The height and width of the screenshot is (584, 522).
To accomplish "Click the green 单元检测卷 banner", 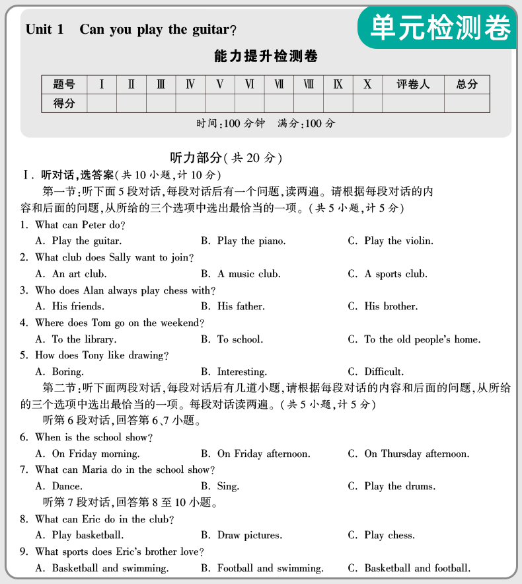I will pos(439,27).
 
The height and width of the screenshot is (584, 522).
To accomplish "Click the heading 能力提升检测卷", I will pos(266,57).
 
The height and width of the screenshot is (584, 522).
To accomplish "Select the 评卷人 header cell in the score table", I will pos(413,85).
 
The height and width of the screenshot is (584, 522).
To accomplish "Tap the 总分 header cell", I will pos(466,85).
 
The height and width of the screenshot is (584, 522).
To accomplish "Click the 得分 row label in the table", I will pos(64,103).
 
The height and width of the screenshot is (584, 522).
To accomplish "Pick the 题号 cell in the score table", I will pos(64,85).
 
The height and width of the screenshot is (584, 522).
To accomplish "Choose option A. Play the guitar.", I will pos(79,241).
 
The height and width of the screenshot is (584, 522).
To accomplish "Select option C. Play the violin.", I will pos(391,241).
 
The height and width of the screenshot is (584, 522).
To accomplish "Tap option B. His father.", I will pos(233,306).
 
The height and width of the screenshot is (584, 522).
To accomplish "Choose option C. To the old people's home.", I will pos(414,339).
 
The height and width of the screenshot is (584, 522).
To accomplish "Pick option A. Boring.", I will pos(59,372).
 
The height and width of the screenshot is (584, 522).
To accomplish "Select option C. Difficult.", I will pos(376,372).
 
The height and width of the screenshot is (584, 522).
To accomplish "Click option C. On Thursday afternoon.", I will pos(409,454).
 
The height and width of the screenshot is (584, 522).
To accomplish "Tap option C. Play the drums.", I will pos(392,486).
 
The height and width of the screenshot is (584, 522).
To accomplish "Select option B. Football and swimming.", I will pos(262,568).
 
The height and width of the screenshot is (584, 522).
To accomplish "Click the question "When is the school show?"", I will pos(94,437).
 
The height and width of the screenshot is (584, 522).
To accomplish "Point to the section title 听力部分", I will pos(196,157).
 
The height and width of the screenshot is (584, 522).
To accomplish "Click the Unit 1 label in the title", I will pos(45,30).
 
